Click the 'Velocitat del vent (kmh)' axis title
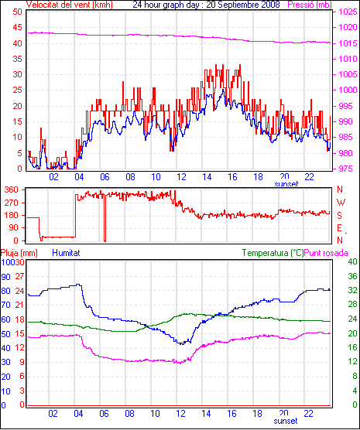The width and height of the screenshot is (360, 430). [x=70, y=5]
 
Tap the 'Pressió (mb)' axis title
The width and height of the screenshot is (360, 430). [x=310, y=5]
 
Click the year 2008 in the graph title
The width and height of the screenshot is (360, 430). [x=270, y=5]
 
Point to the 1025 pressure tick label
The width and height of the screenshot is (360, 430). [x=348, y=12]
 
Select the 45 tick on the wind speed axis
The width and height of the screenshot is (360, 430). [x=17, y=27]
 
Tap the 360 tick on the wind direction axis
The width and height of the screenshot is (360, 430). [x=12, y=189]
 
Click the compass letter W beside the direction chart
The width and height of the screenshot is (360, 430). [x=341, y=203]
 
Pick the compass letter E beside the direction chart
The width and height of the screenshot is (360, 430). [x=339, y=228]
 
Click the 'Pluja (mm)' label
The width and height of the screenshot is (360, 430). [x=19, y=253]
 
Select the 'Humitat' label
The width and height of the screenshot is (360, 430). [x=66, y=253]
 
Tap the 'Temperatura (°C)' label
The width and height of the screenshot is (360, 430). [x=273, y=253]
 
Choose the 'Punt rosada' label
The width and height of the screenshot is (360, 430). [x=326, y=253]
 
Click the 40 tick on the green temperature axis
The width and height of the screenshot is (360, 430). [x=352, y=261]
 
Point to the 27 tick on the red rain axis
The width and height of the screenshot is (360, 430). [x=20, y=276]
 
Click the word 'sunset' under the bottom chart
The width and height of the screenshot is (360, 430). [x=286, y=421]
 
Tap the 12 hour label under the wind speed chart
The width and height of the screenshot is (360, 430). [x=181, y=177]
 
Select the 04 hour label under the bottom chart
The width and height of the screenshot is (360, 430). [x=78, y=413]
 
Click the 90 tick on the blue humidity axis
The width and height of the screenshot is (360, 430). [x=5, y=277]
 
